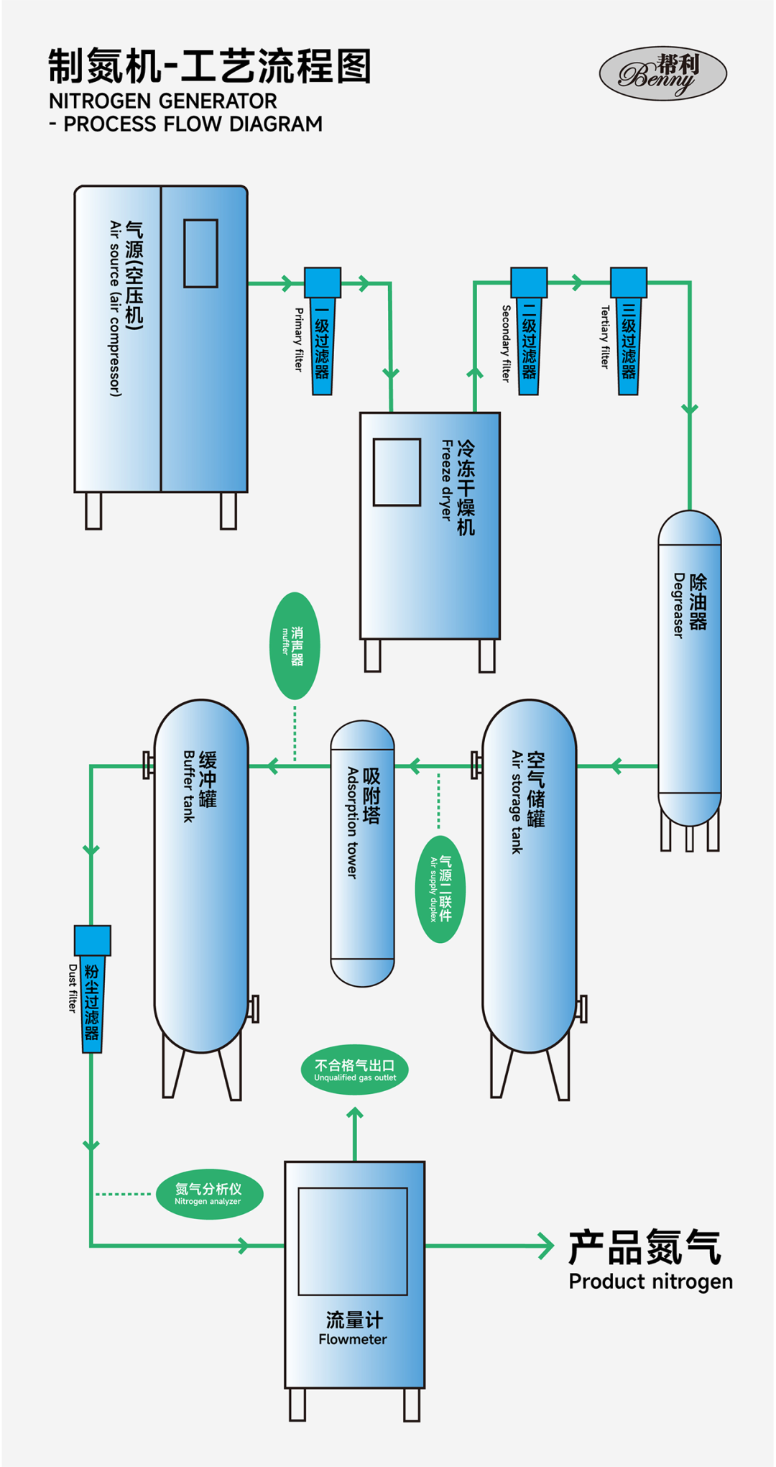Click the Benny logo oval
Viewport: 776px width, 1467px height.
(x=662, y=73)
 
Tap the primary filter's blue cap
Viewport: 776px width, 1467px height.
(x=323, y=282)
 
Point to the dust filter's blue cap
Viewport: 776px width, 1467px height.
(x=93, y=940)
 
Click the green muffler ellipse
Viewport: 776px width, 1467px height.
(x=295, y=645)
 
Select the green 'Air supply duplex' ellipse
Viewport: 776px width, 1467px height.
(x=440, y=889)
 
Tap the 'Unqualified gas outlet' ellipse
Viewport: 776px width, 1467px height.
(x=355, y=1070)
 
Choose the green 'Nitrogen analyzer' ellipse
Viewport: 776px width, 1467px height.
(x=209, y=1194)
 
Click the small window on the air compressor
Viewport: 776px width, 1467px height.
(x=200, y=254)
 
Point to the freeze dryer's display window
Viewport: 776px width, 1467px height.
(x=397, y=472)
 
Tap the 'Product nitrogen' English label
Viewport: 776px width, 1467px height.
(x=650, y=1282)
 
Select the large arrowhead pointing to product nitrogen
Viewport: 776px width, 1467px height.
(x=547, y=1246)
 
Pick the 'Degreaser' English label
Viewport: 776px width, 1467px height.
(x=678, y=605)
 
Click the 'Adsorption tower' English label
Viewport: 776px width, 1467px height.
(x=352, y=822)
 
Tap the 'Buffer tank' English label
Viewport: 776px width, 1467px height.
(x=189, y=786)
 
